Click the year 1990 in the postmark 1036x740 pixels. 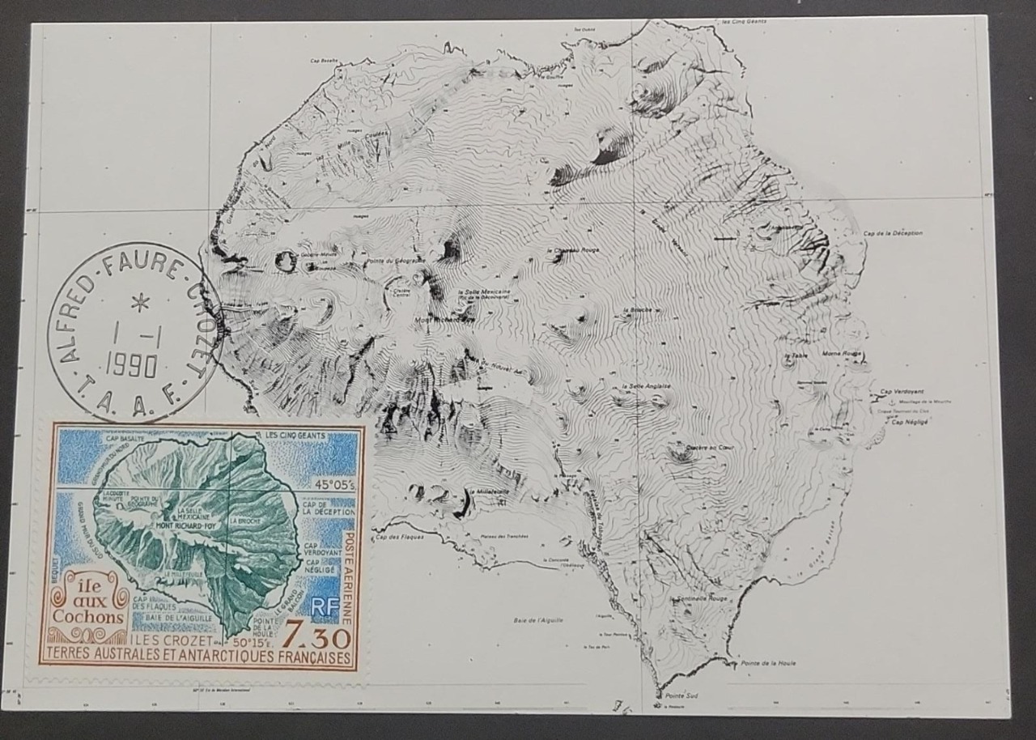coord(131,366)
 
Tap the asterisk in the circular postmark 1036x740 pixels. coord(141,304)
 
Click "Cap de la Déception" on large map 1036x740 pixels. coord(893,233)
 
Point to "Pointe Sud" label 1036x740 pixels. coord(681,695)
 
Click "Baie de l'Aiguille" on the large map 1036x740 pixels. coord(538,620)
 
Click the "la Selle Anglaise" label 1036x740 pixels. coord(646,386)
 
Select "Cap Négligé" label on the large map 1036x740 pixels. coord(910,422)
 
